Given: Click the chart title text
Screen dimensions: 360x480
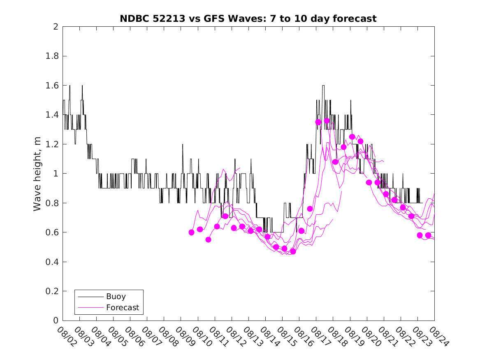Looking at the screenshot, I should click(x=248, y=19).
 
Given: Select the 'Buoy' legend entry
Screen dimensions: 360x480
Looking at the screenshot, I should click(x=116, y=296).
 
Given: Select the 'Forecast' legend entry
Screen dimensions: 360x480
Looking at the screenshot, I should click(x=122, y=307).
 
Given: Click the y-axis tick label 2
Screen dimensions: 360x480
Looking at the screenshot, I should click(x=56, y=27).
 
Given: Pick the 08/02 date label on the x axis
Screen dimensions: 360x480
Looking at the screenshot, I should click(x=65, y=337).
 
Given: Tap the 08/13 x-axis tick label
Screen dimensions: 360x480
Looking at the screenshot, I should click(x=251, y=337).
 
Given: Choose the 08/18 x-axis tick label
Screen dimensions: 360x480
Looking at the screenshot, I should click(x=336, y=337).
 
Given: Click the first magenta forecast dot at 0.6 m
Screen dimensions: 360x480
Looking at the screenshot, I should click(x=191, y=232).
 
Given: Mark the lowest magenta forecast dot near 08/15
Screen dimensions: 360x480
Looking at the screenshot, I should click(x=293, y=251).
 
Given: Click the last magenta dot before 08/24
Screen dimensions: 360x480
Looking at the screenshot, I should click(x=428, y=235).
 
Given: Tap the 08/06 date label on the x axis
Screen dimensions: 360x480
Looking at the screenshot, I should click(x=133, y=337).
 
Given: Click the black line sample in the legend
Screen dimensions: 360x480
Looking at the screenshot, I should click(x=90, y=296).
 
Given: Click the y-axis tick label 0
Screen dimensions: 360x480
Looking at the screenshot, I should click(x=56, y=321).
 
